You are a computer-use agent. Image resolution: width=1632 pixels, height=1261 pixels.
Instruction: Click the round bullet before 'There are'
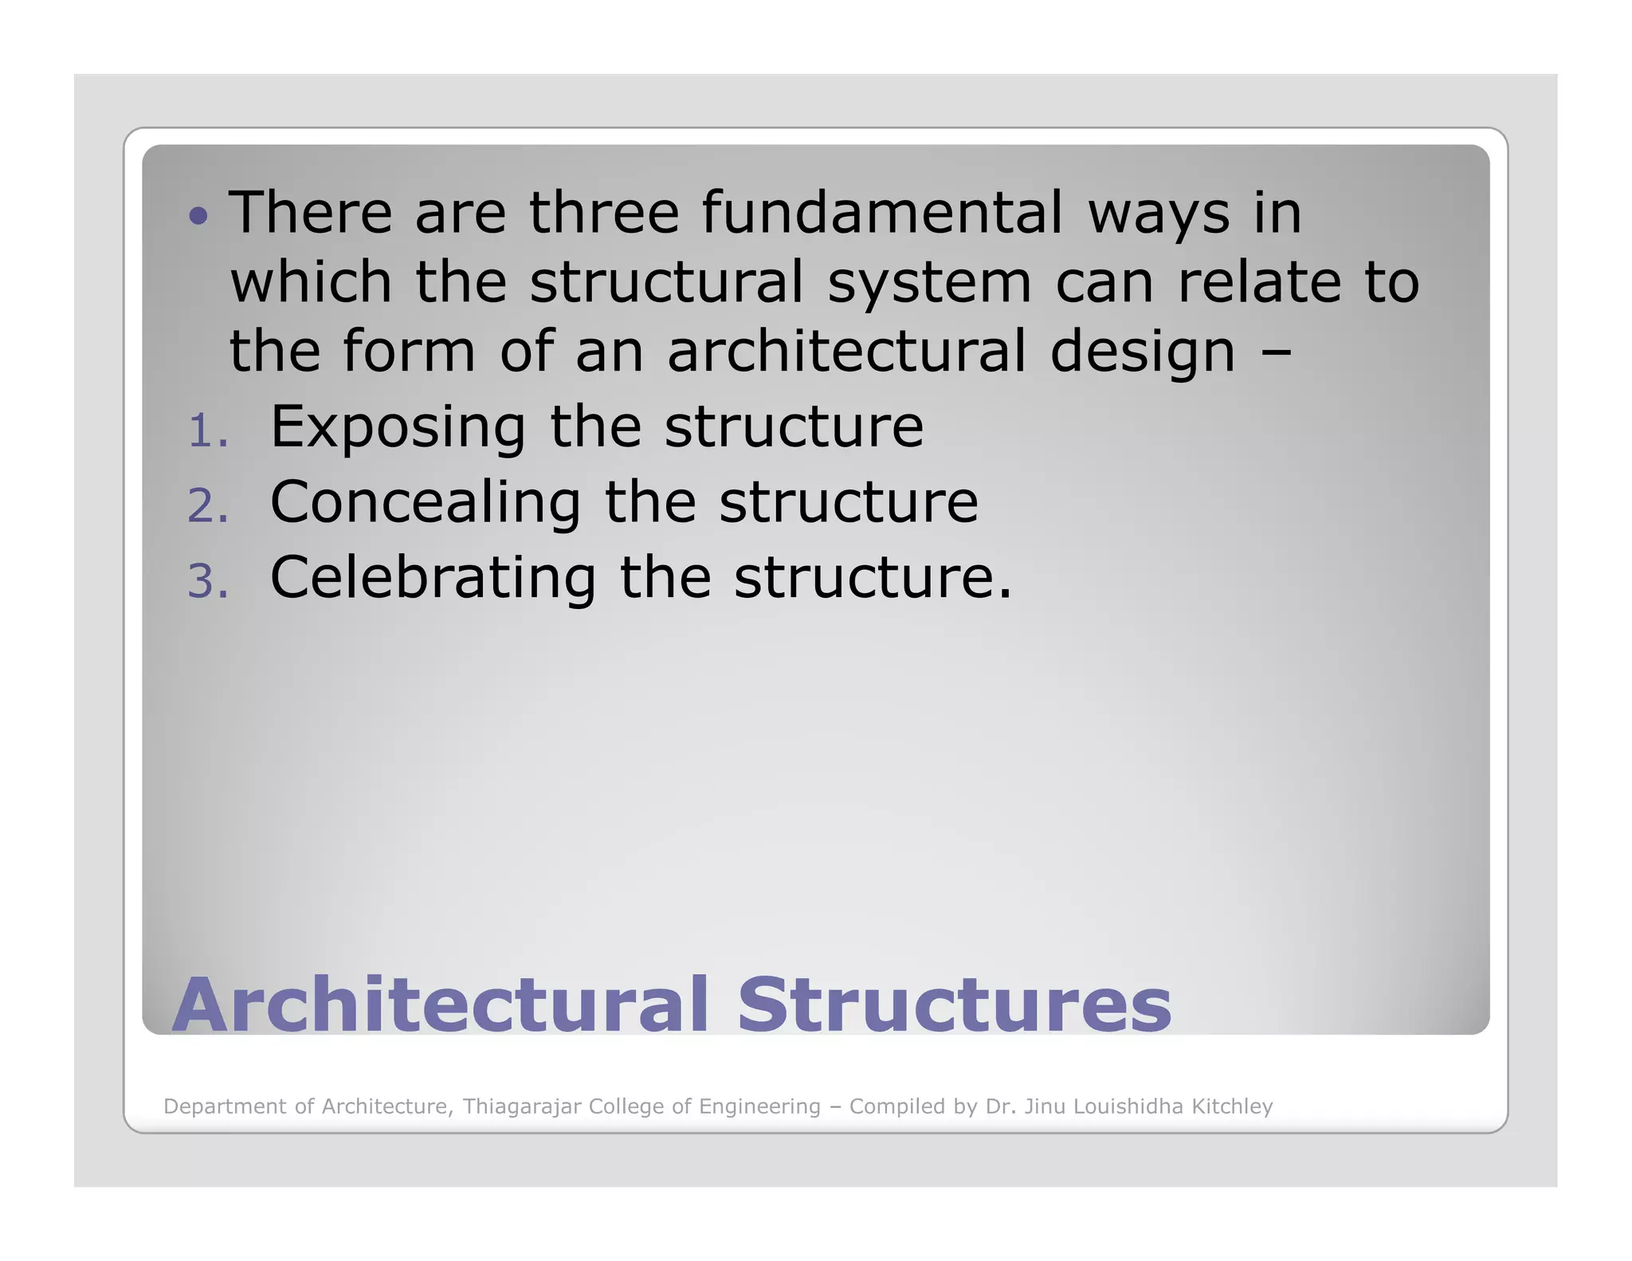(x=198, y=215)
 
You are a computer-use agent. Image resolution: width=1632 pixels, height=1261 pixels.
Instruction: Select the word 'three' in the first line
(x=604, y=213)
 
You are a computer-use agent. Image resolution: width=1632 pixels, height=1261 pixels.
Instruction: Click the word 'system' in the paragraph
(x=929, y=283)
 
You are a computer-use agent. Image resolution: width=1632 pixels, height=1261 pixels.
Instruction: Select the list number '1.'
(x=208, y=432)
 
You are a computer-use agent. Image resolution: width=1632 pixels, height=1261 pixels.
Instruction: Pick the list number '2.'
(x=208, y=507)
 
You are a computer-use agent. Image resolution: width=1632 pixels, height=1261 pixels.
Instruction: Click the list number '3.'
(x=208, y=582)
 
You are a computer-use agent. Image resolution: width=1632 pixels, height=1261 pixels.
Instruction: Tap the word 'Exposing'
(x=398, y=429)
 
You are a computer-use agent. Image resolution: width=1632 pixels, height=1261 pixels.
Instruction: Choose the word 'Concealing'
(x=426, y=504)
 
